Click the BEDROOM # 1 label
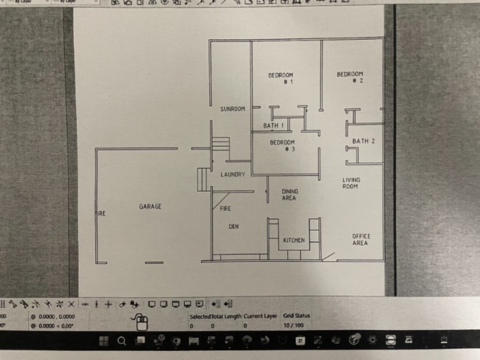281,78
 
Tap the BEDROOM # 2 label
350,77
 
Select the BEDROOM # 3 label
282,145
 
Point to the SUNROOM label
232,109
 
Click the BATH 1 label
274,126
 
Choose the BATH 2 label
363,141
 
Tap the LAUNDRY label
233,174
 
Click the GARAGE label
150,207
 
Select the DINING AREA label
289,195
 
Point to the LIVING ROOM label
350,184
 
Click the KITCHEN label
294,240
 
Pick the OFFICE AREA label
360,239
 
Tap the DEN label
233,226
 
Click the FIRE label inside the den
226,209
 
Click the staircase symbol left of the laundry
204,179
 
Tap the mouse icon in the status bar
140,321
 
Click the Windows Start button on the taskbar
103,341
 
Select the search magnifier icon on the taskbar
121,341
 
